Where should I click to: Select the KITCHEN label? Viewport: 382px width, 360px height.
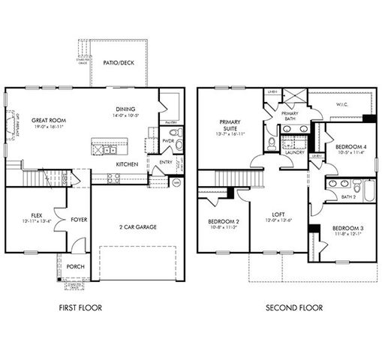coord(126,163)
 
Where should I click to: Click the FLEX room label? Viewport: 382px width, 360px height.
coord(35,214)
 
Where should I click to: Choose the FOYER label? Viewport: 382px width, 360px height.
coord(79,220)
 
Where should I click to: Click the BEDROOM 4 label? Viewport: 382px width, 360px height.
coord(350,146)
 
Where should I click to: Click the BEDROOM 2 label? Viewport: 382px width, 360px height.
coord(224,222)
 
